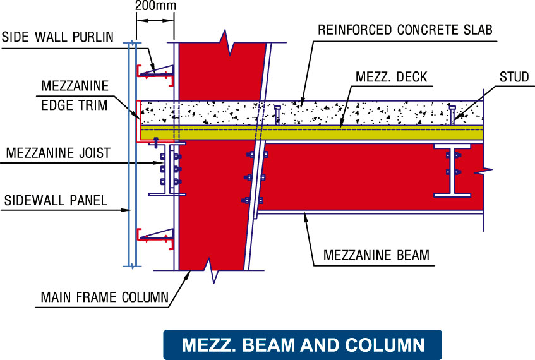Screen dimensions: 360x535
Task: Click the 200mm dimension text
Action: coord(155,6)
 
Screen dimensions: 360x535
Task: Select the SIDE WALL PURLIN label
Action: coord(57,37)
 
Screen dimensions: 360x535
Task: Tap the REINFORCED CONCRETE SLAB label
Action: coord(405,30)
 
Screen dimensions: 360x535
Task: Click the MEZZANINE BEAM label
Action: coord(376,256)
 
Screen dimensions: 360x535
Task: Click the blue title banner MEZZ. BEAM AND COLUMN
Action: coord(303,345)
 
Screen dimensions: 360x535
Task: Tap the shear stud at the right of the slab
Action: coord(452,115)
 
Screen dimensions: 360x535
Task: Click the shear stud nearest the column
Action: coord(277,115)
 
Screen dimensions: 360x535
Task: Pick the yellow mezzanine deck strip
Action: coord(316,132)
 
